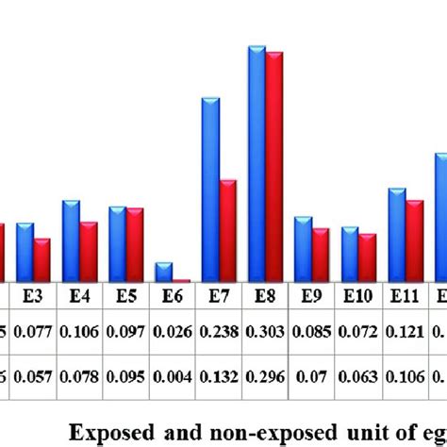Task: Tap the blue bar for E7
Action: [x=210, y=189]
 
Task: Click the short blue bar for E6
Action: [x=163, y=272]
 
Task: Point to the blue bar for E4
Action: [x=71, y=240]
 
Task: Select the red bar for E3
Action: [x=41, y=259]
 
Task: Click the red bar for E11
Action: [x=414, y=240]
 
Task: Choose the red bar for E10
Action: [x=367, y=257]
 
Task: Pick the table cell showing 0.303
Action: [x=265, y=332]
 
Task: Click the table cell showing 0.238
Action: [x=219, y=332]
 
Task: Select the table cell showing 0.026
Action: [x=173, y=332]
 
